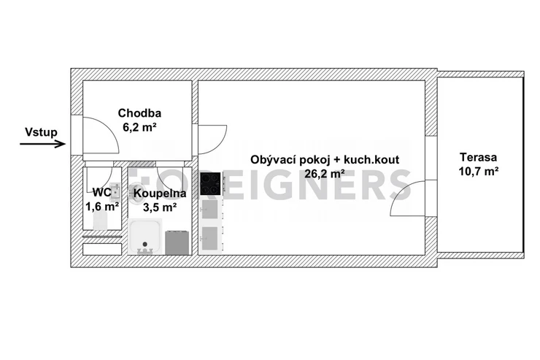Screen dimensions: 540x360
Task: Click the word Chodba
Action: tap(139, 113)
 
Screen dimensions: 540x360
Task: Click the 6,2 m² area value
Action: tap(139, 128)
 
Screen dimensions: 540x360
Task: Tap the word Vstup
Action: tap(41, 132)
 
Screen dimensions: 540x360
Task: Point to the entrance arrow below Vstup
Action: tap(43, 144)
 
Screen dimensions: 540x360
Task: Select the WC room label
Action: tap(101, 192)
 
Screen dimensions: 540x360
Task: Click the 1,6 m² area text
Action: tap(102, 207)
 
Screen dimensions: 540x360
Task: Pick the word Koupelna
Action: tap(160, 194)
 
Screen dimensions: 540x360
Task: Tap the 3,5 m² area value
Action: tap(160, 207)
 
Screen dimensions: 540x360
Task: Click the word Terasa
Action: tap(479, 158)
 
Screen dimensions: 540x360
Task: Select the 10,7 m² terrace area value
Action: tap(479, 171)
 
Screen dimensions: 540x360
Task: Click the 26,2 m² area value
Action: tap(325, 174)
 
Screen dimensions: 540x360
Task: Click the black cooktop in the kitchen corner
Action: tap(210, 183)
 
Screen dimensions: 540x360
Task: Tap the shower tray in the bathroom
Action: tap(144, 237)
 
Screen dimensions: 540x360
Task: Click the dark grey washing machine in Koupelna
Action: tap(177, 243)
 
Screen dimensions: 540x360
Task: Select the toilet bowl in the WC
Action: tap(100, 221)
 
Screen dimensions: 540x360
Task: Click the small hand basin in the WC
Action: tap(115, 192)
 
